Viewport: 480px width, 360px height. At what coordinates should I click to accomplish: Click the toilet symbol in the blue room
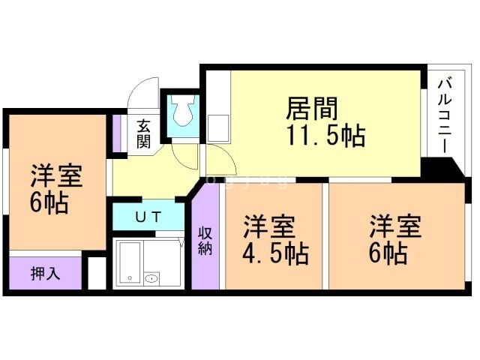click(x=181, y=113)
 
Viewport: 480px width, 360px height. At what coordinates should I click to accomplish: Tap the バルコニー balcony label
click(x=442, y=115)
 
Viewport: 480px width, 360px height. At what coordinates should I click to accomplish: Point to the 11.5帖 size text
click(x=324, y=136)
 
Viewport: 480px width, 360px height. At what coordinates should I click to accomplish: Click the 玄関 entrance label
click(x=142, y=134)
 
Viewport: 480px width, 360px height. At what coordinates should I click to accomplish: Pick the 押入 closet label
click(x=45, y=274)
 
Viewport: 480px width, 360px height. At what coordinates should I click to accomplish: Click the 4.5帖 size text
click(x=274, y=253)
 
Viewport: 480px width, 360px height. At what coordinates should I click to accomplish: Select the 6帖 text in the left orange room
click(x=50, y=202)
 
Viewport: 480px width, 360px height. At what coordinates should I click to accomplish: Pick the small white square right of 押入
click(x=96, y=273)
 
